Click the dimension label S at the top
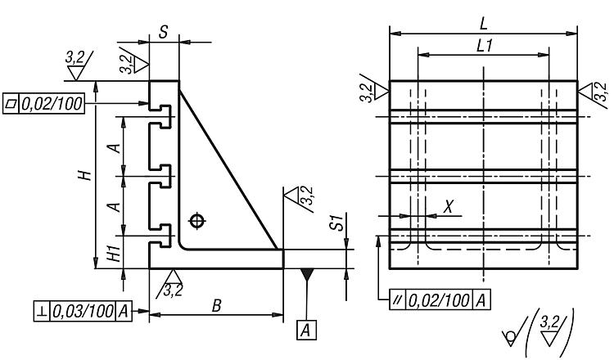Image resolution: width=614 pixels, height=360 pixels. click(x=164, y=33)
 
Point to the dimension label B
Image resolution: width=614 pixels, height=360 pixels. click(x=216, y=304)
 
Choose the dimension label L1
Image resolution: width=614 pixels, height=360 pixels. click(x=483, y=47)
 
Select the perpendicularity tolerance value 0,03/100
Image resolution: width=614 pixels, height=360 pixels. click(x=83, y=312)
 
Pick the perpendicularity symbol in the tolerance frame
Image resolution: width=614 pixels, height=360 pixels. click(x=41, y=312)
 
